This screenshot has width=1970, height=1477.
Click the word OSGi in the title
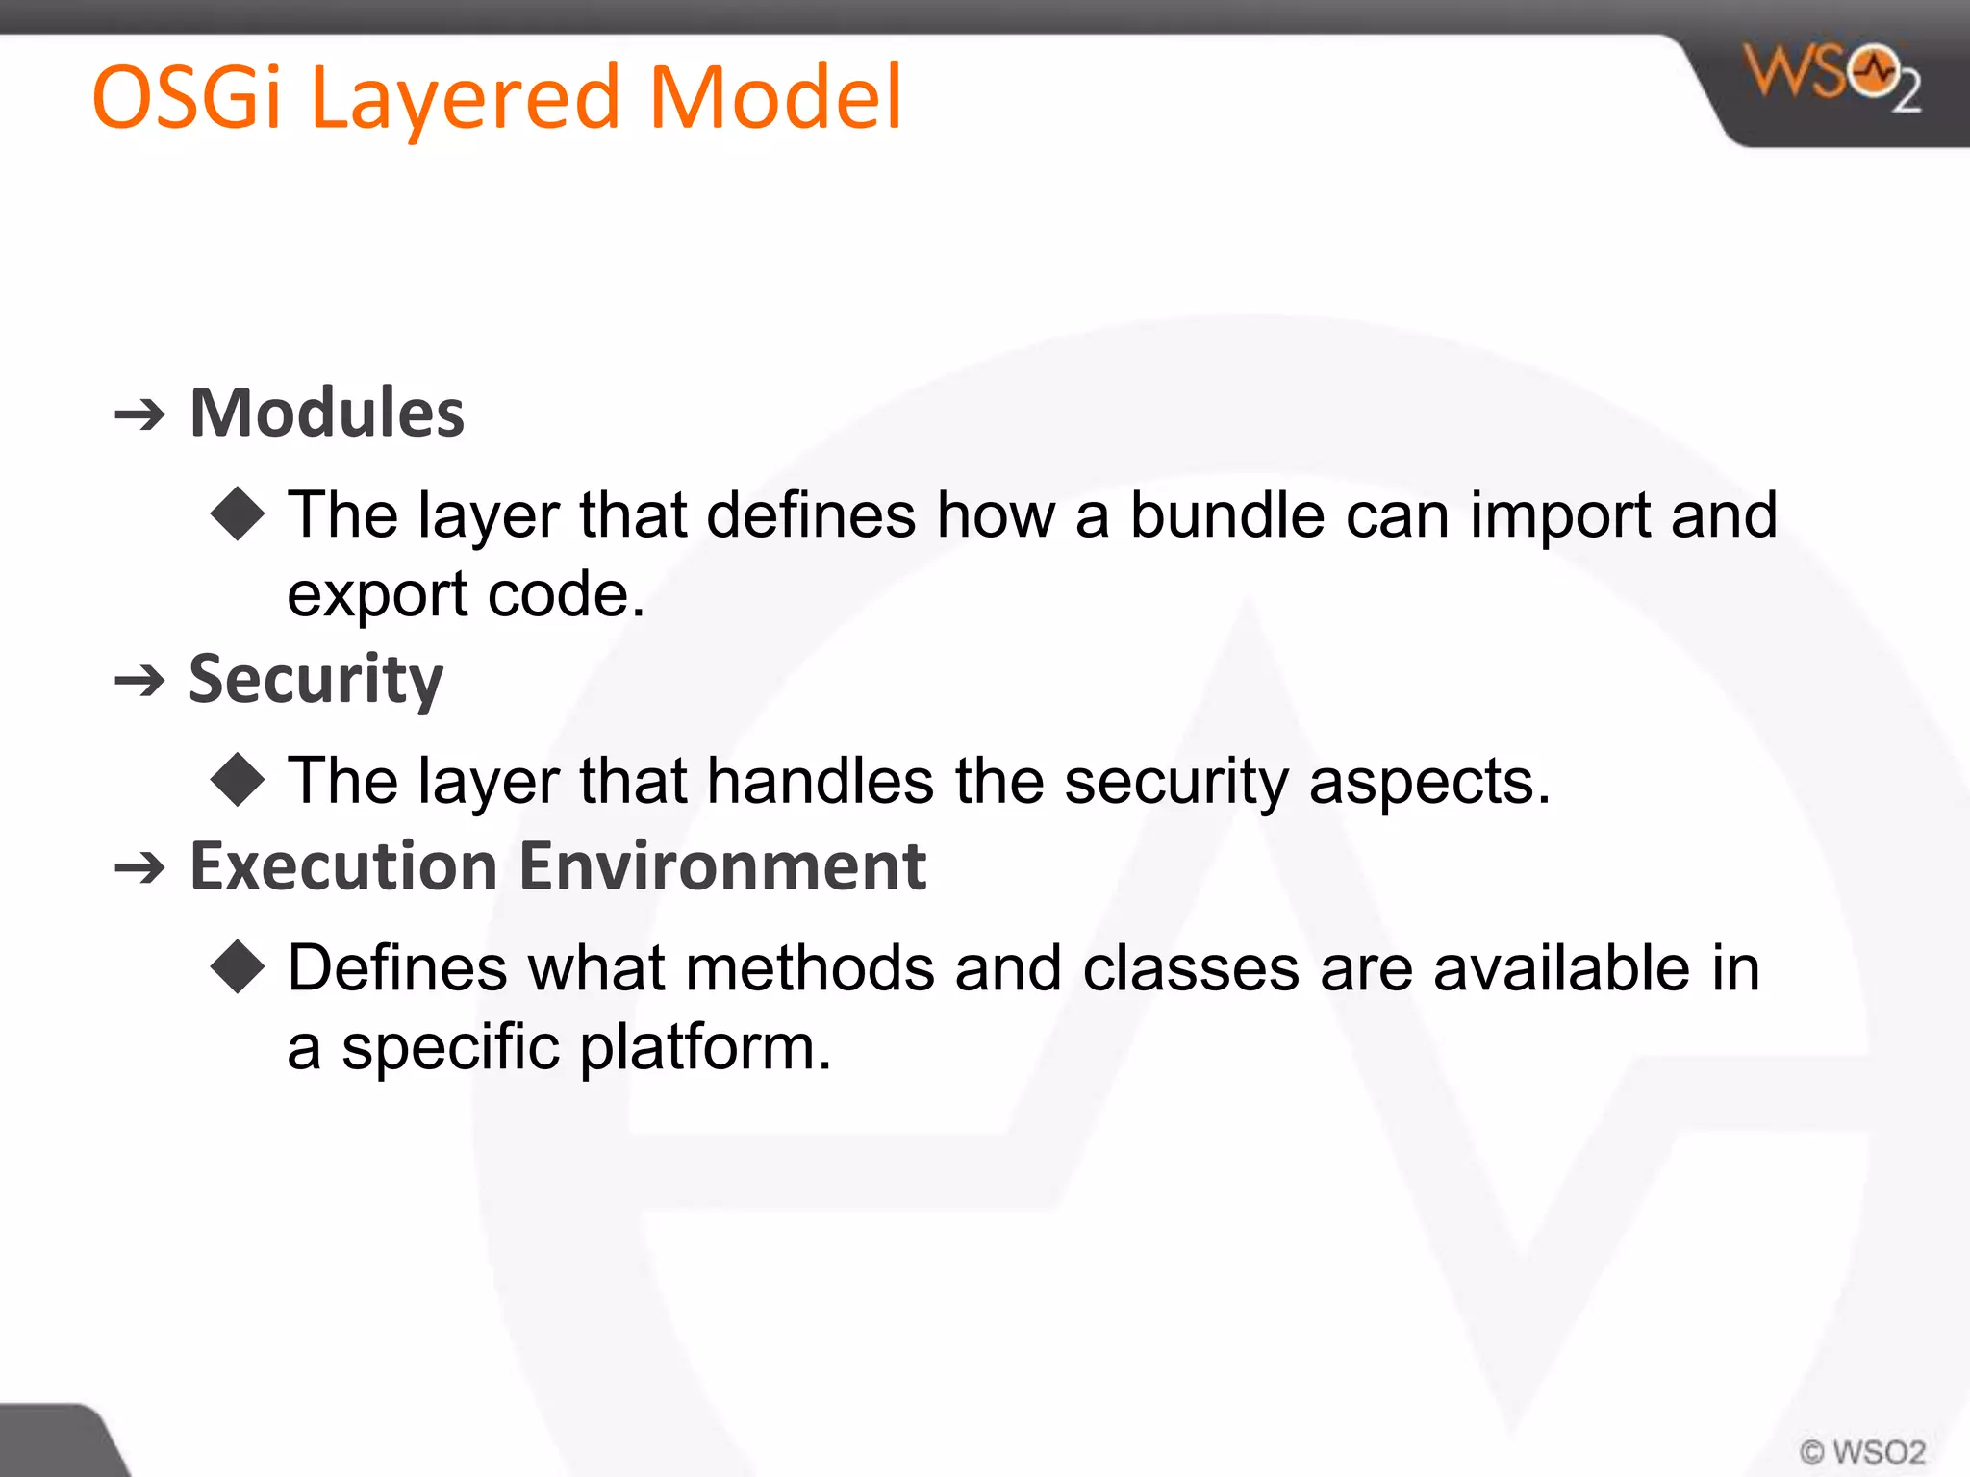(x=186, y=98)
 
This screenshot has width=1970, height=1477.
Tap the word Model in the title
(x=775, y=98)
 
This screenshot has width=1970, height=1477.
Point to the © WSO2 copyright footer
(x=1862, y=1451)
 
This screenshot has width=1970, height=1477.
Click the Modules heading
(x=327, y=413)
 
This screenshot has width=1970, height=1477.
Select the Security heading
(x=316, y=680)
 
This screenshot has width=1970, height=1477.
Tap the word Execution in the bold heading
(x=342, y=866)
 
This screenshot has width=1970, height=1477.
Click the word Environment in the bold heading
(x=722, y=866)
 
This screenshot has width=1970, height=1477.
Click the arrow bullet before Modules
(x=140, y=415)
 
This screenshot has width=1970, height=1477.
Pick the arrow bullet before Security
(x=140, y=682)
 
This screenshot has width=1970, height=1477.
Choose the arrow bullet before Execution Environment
(x=140, y=869)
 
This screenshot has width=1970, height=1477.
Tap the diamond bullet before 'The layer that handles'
(x=238, y=780)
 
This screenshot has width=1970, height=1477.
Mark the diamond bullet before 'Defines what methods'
(x=238, y=966)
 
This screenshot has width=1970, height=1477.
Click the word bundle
(x=1226, y=515)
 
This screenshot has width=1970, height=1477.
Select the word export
(x=376, y=596)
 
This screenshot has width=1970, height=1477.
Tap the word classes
(x=1191, y=968)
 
